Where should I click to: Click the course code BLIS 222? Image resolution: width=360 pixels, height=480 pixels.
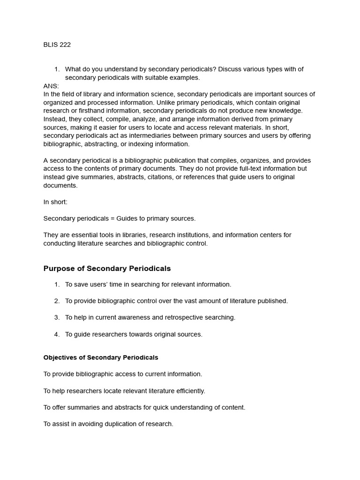tap(57, 45)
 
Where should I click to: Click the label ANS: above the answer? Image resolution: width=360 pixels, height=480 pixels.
tap(51, 86)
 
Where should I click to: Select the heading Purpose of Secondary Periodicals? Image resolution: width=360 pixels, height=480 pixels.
tap(107, 269)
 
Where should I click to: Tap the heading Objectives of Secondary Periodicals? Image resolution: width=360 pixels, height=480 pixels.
tap(101, 358)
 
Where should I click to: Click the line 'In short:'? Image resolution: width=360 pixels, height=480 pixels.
tap(55, 202)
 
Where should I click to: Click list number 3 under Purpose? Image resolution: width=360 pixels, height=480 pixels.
tap(57, 317)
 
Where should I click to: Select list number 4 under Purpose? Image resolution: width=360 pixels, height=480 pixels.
tap(57, 334)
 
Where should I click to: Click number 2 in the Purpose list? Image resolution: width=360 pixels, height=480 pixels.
tap(57, 301)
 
